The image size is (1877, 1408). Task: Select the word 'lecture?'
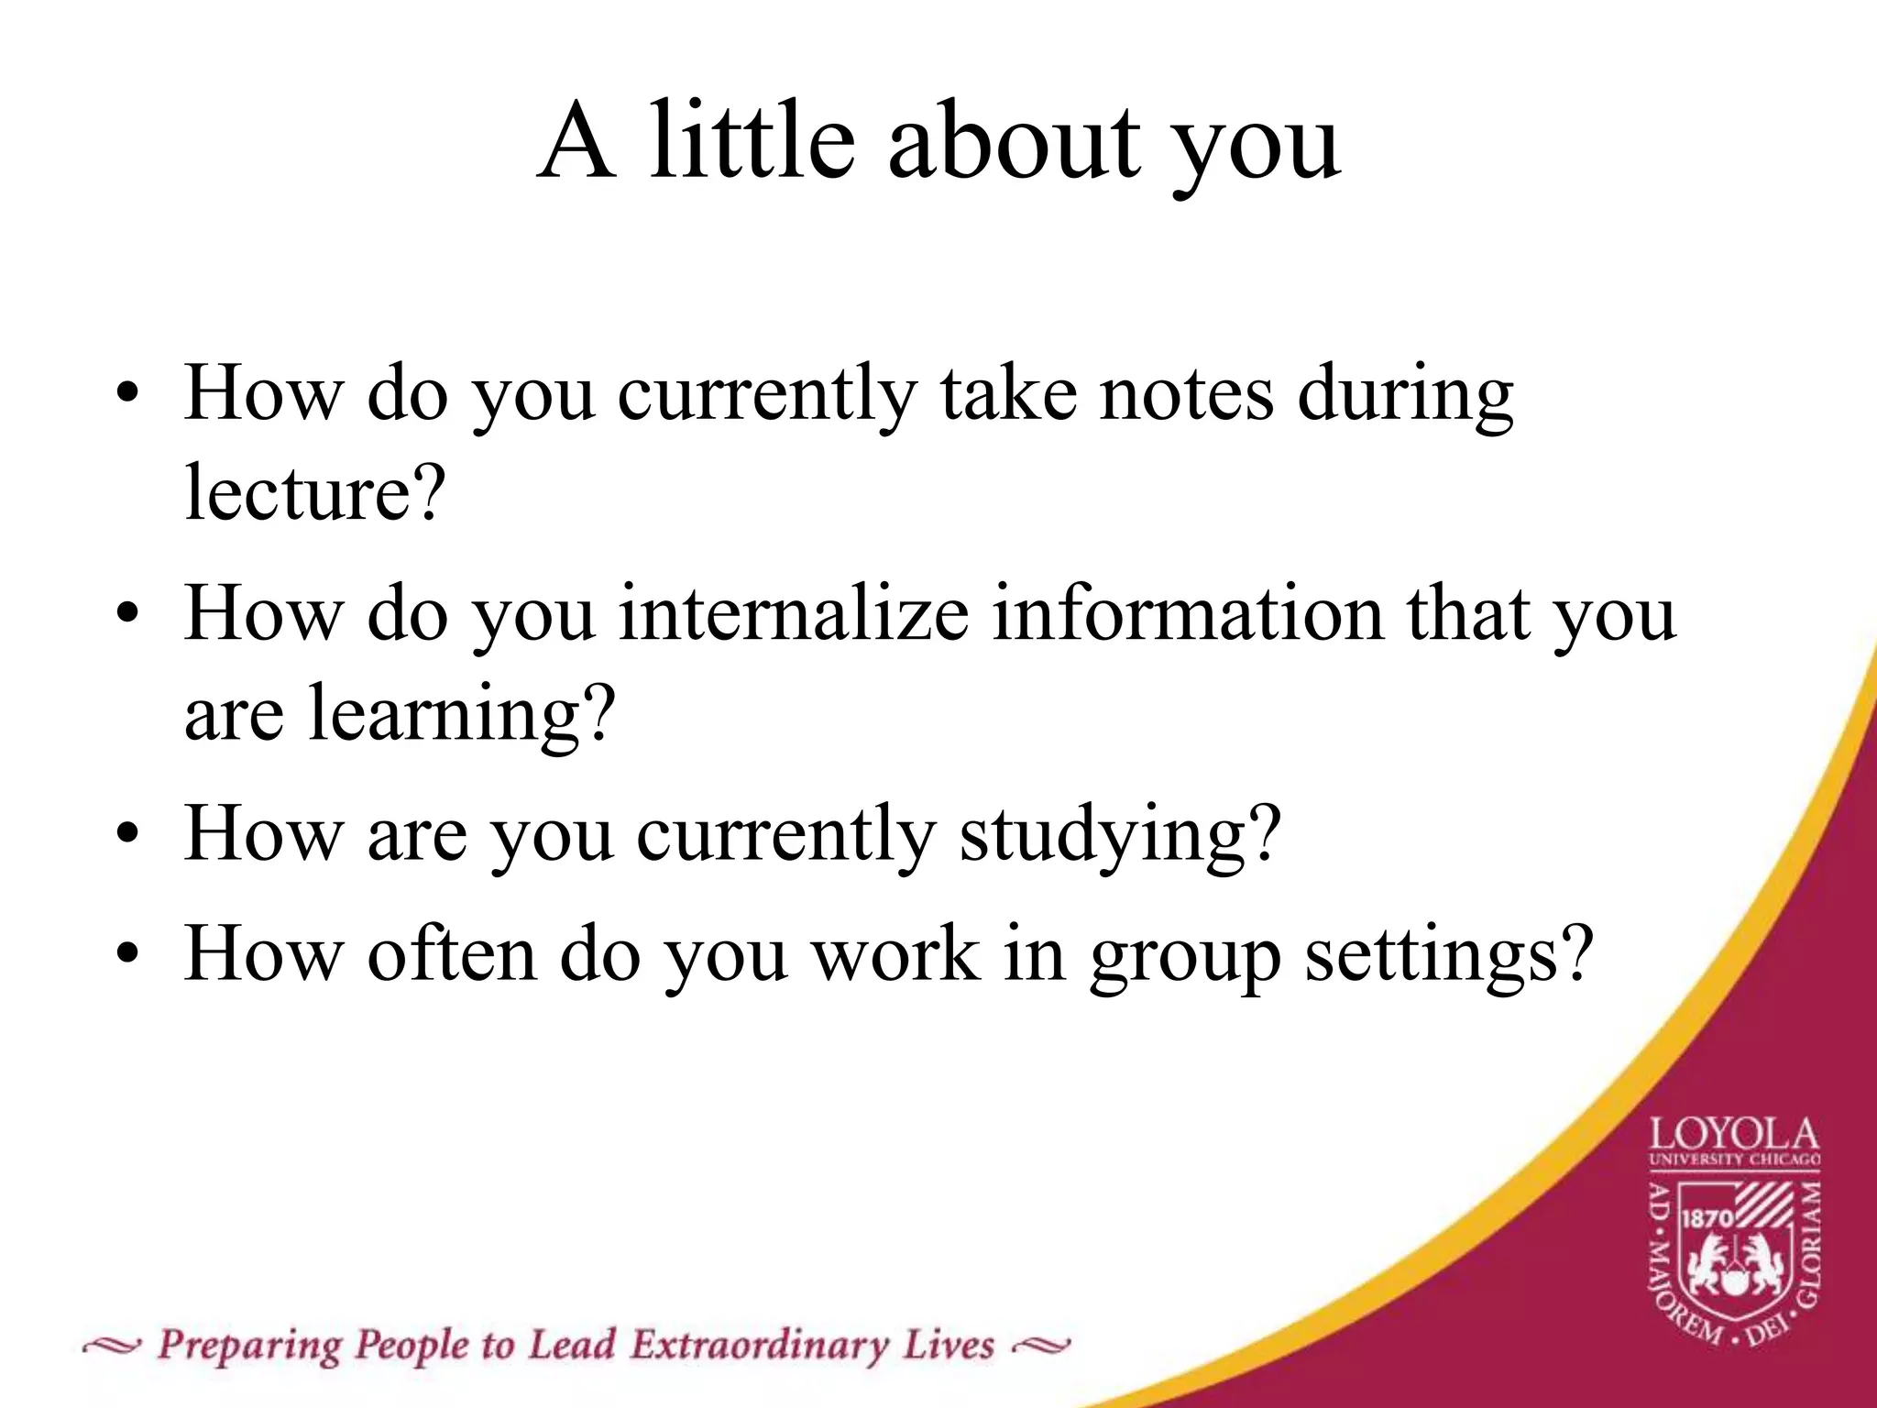(314, 493)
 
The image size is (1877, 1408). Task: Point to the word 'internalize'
(794, 614)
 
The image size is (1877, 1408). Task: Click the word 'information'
(1188, 614)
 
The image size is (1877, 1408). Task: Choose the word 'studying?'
(1119, 834)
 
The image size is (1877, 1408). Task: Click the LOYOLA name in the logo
(1734, 1137)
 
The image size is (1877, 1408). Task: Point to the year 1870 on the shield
(1707, 1218)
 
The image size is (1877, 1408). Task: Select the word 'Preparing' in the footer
(248, 1346)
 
